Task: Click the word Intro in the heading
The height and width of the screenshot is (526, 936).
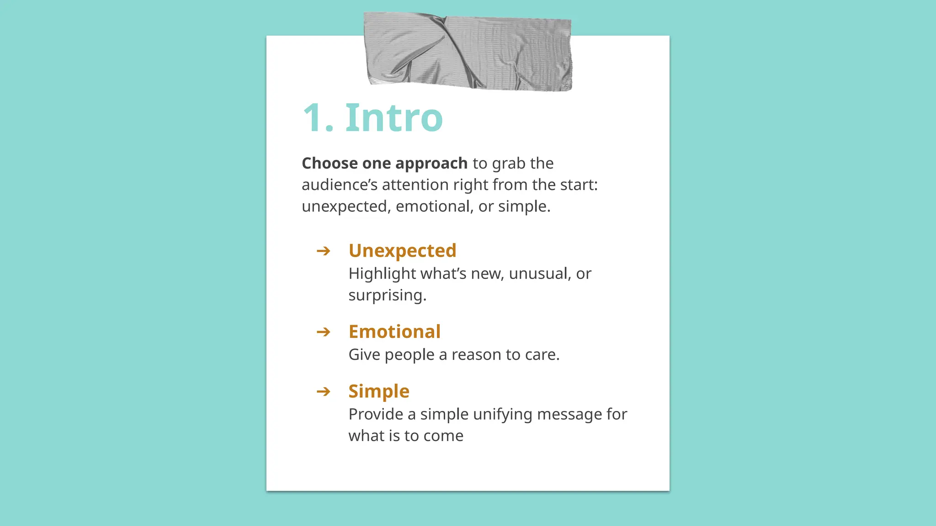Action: click(394, 118)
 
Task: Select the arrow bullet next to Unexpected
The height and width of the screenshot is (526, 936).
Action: click(323, 251)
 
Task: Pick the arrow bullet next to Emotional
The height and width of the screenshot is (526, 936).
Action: click(323, 331)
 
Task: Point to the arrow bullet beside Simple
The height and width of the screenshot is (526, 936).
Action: click(323, 391)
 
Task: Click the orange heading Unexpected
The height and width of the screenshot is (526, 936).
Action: click(402, 251)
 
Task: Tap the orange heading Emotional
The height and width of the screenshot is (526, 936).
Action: click(394, 331)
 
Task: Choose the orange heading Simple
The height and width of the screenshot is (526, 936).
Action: click(379, 391)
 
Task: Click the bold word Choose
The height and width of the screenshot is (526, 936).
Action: click(330, 163)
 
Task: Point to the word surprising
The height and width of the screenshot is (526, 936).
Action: click(387, 295)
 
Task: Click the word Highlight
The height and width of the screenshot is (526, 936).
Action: click(382, 274)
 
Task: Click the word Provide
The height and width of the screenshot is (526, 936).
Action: click(375, 414)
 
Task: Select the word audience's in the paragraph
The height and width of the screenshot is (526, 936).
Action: click(339, 185)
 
